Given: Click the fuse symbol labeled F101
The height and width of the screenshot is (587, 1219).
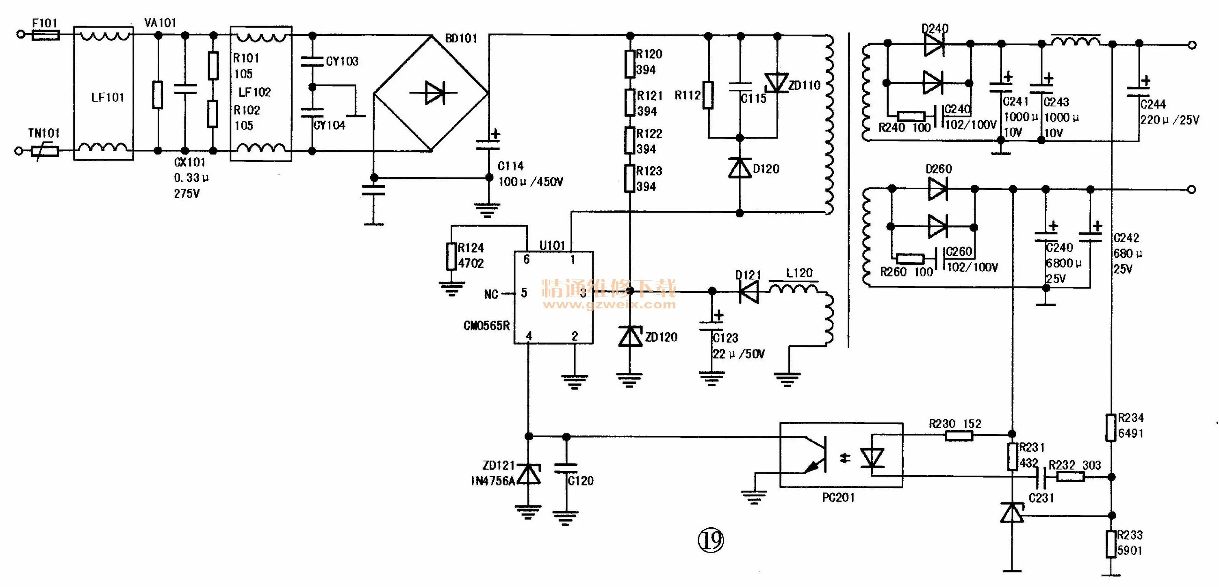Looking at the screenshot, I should pos(46,35).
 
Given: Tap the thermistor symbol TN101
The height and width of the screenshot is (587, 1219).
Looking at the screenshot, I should pos(45,152).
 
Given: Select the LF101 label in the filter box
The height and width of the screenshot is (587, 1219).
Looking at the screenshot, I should pos(107,97).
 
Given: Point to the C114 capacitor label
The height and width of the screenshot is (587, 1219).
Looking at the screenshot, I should pos(510,166).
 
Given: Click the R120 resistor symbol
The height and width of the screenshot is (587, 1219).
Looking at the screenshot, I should pos(630,63).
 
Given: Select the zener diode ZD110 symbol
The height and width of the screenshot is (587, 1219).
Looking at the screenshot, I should pos(777,83).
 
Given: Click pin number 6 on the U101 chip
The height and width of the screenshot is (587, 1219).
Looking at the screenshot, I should pos(526,259).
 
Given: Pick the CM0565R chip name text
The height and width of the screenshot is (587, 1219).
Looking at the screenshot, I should pos(486,326).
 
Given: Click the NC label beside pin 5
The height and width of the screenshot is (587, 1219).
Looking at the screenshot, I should pos(491,294).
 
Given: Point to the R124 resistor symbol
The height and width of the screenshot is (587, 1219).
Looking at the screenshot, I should pos(451,256).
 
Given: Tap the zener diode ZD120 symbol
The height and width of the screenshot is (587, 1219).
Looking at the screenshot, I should pos(630,337).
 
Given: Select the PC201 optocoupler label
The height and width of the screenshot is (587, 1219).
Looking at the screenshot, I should pos(838,498).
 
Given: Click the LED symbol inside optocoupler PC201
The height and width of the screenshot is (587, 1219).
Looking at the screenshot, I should pos(872,458).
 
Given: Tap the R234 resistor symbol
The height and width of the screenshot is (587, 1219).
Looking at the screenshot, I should pos(1111,427).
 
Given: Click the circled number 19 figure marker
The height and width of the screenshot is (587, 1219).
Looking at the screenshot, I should pos(711,540).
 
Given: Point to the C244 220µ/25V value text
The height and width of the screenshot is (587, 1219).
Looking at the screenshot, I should pos(1169,120).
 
